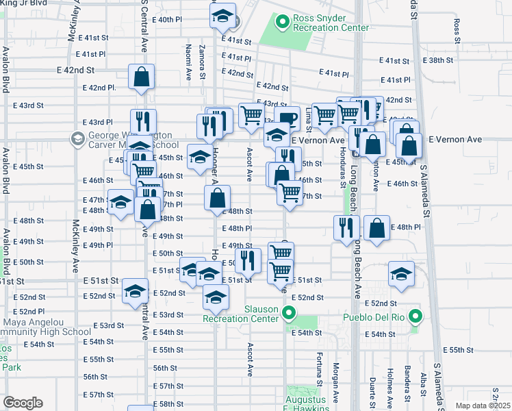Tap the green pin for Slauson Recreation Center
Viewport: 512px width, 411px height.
click(x=289, y=314)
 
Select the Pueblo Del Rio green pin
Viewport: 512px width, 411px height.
click(x=414, y=316)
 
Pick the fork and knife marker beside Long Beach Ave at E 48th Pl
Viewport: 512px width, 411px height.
click(x=346, y=227)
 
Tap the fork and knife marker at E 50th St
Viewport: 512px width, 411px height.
click(x=248, y=260)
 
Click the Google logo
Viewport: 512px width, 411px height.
click(x=22, y=403)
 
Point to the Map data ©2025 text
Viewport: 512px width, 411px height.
click(x=482, y=406)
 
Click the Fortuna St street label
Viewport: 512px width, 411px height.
click(x=319, y=369)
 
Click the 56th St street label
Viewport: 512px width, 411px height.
click(x=96, y=377)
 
